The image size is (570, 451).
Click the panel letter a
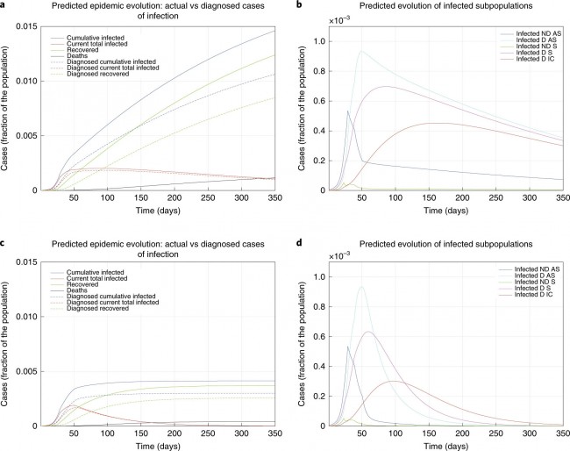pyautogui.click(x=4, y=5)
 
